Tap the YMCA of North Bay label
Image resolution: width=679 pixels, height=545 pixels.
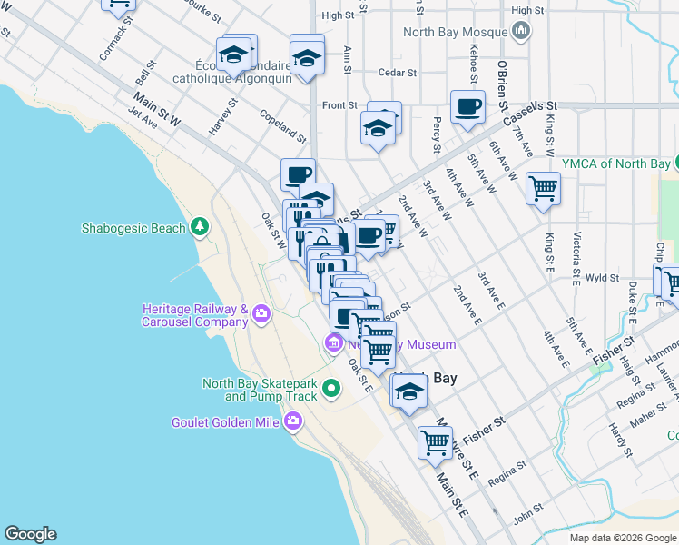616,163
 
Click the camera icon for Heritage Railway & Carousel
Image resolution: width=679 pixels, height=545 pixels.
262,314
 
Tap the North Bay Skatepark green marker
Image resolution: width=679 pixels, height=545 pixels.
331,389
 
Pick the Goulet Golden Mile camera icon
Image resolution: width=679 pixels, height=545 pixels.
292,421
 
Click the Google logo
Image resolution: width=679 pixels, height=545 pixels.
30,534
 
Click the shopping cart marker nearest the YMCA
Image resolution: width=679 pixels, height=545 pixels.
543,189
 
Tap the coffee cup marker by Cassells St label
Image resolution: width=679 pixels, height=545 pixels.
467,106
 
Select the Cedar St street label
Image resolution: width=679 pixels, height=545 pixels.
398,73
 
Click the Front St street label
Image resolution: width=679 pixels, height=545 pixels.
339,105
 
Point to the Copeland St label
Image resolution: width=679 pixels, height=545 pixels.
281,126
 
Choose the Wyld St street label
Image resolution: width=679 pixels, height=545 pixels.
601,279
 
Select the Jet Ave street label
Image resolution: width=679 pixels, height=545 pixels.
143,119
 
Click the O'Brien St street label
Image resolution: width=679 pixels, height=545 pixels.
501,86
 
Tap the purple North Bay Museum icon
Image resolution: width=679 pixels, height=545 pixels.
333,343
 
